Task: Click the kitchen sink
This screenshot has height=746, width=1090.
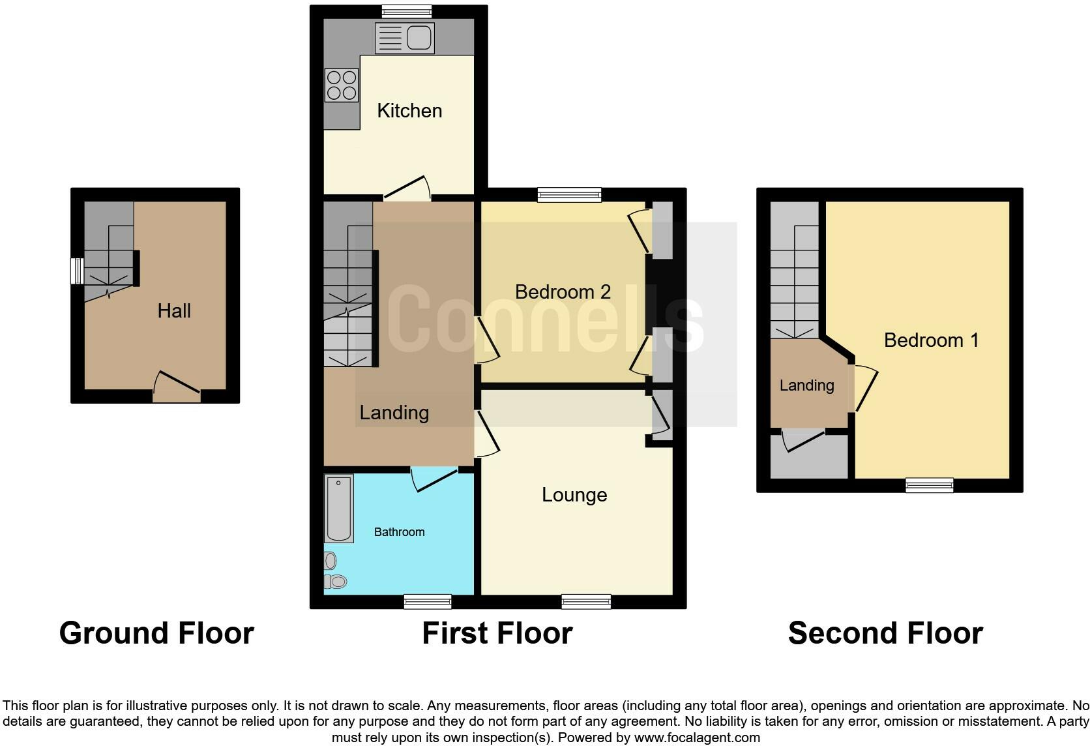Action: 405,38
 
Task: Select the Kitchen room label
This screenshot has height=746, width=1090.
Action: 409,111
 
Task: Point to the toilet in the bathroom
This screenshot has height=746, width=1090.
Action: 336,581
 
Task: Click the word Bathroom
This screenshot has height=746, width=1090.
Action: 399,532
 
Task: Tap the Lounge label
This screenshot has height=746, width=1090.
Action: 574,495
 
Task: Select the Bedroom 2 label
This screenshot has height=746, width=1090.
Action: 563,292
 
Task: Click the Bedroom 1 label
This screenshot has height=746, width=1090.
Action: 931,340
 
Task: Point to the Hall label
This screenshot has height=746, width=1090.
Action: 174,311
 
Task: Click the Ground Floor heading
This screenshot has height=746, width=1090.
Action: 156,633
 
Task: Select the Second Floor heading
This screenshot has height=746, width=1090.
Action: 885,633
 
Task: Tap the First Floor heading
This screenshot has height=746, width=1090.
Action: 497,633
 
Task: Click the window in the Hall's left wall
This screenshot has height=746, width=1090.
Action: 77,271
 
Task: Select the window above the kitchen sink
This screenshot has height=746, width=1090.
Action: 406,11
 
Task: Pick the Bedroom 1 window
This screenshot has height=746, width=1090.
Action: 929,485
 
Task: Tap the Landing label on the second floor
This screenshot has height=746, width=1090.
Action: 806,385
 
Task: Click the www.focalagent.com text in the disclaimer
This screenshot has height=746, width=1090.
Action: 697,738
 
